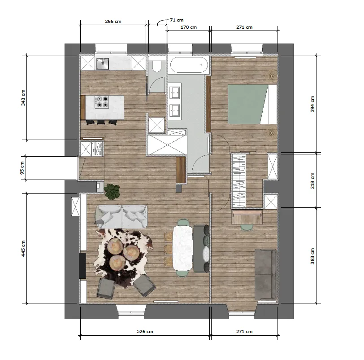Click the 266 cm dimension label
pos(113,21)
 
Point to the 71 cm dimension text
pos(177,20)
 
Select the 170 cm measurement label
pos(188,27)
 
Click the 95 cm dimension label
pos(23,168)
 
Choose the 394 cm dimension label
pos(312,104)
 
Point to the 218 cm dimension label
pos(312,180)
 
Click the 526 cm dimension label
pos(145,332)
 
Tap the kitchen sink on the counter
pos(103,64)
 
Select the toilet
pos(156,66)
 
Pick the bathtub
pos(189,65)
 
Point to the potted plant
pos(112,191)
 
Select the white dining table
pos(183,247)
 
